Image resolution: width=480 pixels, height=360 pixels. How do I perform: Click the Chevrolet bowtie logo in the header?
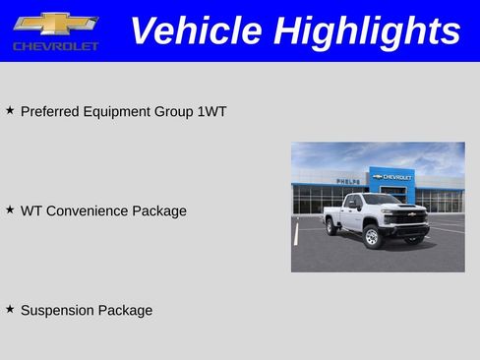point(55,24)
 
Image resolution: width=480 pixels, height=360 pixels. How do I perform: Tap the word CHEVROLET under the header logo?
point(56,46)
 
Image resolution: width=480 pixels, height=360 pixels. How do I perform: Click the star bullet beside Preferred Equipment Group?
point(10,110)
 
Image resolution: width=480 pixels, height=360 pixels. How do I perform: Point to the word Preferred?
point(48,112)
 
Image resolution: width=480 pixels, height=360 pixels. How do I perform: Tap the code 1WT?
point(211,112)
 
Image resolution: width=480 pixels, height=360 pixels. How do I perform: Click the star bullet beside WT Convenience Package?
point(10,210)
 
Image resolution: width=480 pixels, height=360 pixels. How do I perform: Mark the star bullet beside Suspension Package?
point(10,309)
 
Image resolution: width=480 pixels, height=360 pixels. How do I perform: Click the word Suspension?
point(58,311)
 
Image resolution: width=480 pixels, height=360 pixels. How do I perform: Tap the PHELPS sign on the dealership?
point(347,181)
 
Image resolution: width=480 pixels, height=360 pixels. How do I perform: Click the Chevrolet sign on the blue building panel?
point(392,177)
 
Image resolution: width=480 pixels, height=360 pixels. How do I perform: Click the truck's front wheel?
point(373,238)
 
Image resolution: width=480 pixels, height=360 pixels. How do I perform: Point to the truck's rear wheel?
point(332,227)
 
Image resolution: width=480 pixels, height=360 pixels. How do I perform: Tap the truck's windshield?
point(381,200)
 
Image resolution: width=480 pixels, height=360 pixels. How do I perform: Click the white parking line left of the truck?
point(296,233)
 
